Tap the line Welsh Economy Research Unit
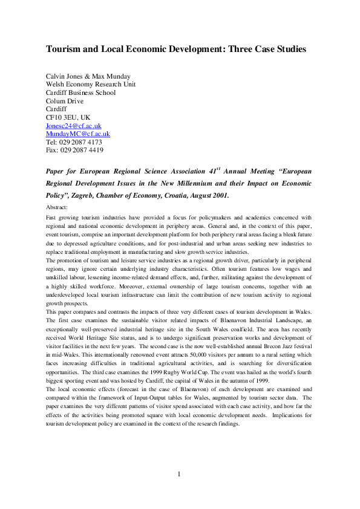pos(91,85)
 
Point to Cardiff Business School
pos(80,92)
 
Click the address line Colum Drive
pos(65,101)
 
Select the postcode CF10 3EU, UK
pos(68,117)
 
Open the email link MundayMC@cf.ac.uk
pos(77,134)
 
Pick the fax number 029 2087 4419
pos(82,150)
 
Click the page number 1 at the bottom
pos(180,491)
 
